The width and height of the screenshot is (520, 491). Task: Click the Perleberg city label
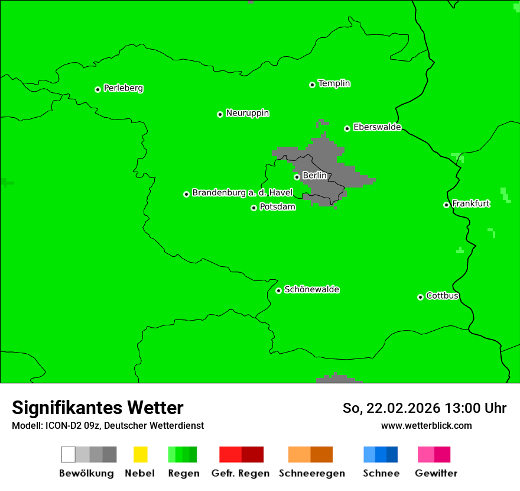(x=123, y=88)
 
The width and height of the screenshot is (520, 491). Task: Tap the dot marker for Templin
(x=312, y=85)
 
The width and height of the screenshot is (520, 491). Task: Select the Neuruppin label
(x=247, y=113)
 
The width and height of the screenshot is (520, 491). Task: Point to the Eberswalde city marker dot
(x=347, y=128)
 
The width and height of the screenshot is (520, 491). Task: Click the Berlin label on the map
(x=314, y=176)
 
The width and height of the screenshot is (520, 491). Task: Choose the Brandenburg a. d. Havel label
(x=242, y=193)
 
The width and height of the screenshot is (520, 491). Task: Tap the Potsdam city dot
(x=254, y=208)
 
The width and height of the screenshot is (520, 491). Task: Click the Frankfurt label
(x=471, y=203)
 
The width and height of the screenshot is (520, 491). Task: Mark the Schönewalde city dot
(x=279, y=290)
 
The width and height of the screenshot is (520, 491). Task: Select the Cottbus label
(x=443, y=296)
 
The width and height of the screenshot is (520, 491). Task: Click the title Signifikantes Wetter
(x=97, y=408)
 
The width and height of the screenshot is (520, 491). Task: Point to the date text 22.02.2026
(x=403, y=408)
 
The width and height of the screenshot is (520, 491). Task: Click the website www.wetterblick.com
(x=426, y=425)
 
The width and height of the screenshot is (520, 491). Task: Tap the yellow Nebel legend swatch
(x=140, y=454)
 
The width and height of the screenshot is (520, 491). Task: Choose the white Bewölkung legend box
(x=68, y=454)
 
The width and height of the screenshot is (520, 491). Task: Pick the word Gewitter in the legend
(x=436, y=473)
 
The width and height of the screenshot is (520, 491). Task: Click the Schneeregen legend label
(x=312, y=473)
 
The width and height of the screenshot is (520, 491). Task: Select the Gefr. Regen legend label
(x=240, y=473)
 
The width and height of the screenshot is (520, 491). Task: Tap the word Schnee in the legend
(x=381, y=473)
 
